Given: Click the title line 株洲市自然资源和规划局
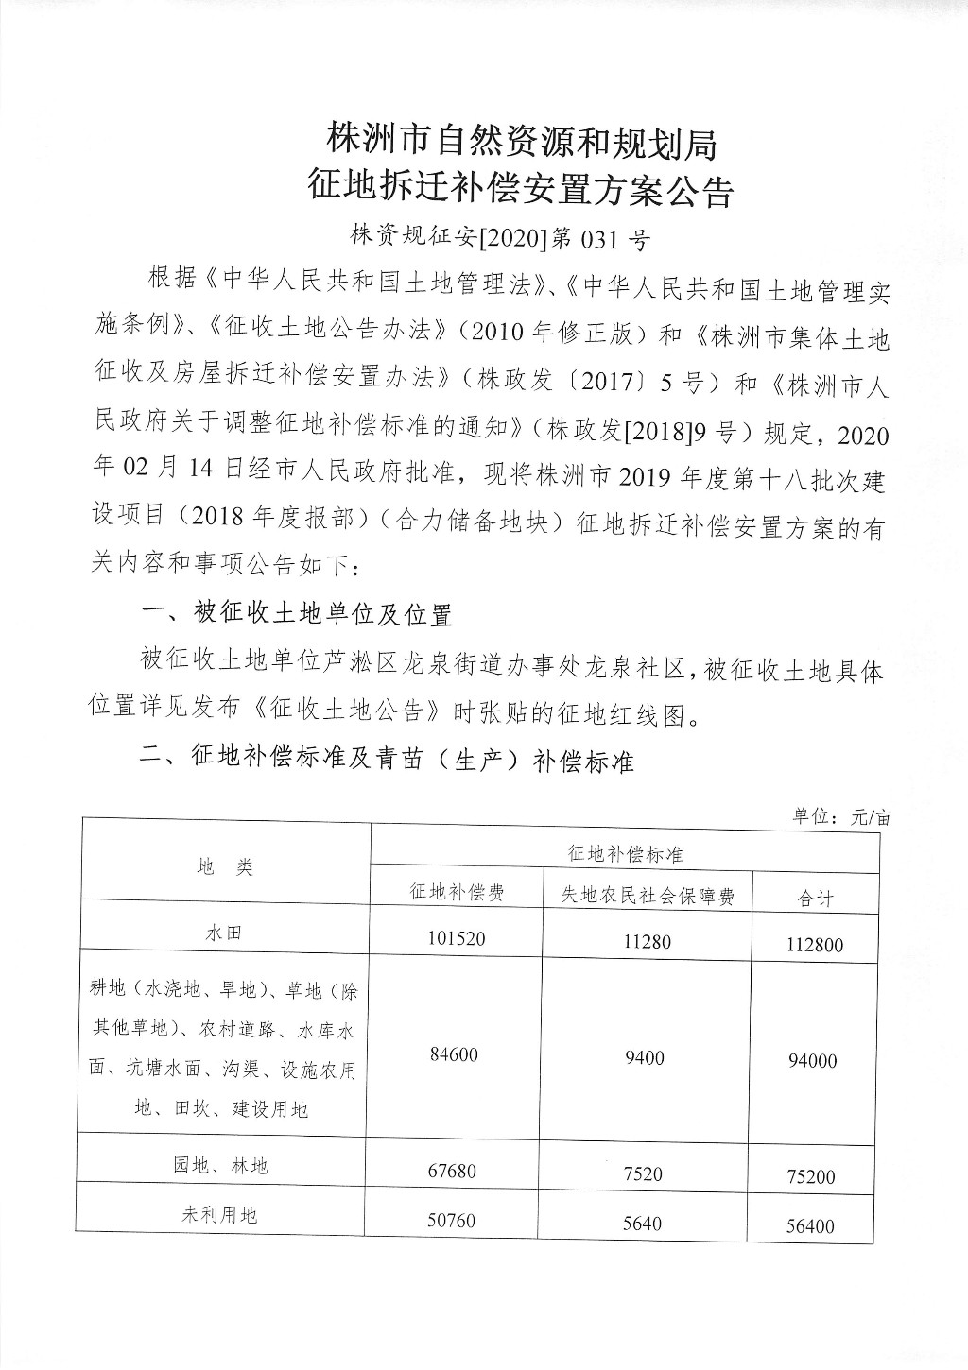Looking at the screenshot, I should (x=521, y=143).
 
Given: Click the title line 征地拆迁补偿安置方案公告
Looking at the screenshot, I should (x=521, y=192).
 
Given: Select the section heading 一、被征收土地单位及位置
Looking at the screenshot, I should (x=296, y=614).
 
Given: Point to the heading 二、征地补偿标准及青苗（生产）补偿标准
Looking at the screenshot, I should (x=387, y=760).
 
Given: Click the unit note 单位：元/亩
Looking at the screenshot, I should (x=841, y=817).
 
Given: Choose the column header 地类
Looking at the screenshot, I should (x=225, y=867).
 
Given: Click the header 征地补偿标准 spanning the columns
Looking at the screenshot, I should (x=625, y=853).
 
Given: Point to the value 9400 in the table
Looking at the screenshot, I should (x=645, y=1057).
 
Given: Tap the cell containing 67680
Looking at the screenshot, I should (x=453, y=1172).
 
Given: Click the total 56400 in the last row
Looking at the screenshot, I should (x=811, y=1225).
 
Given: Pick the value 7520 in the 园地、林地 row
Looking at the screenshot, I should (x=644, y=1174).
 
